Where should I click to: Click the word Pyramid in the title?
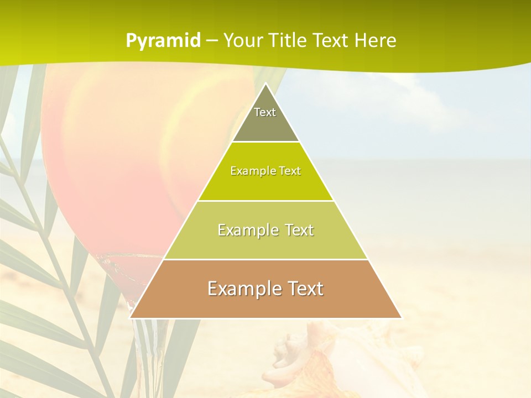[163, 41]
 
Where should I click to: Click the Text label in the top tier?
[265, 112]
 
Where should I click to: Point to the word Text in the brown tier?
[302, 289]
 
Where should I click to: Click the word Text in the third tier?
[294, 230]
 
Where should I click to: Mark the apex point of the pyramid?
[265, 84]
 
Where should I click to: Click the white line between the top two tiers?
[265, 142]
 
